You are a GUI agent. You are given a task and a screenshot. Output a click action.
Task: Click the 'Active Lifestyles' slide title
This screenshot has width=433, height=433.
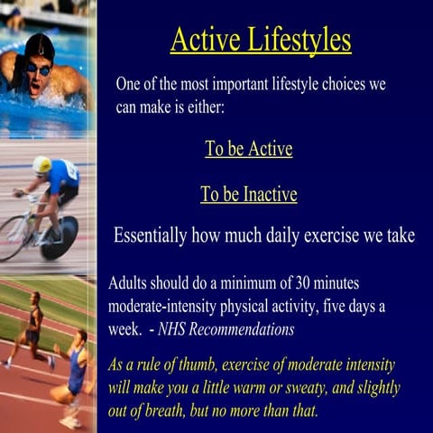pyautogui.click(x=261, y=40)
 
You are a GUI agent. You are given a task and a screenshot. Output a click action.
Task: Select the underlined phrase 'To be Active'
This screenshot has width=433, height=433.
pyautogui.click(x=248, y=149)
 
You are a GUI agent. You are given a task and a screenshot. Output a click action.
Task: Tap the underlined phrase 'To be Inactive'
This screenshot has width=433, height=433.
pyautogui.click(x=248, y=194)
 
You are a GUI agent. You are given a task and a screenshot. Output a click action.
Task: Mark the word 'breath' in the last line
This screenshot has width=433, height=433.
pyautogui.click(x=189, y=411)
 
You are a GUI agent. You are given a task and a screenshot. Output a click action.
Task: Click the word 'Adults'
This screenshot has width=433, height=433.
pyautogui.click(x=129, y=281)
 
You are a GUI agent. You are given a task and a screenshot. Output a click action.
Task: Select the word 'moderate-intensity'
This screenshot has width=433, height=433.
pyautogui.click(x=164, y=306)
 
